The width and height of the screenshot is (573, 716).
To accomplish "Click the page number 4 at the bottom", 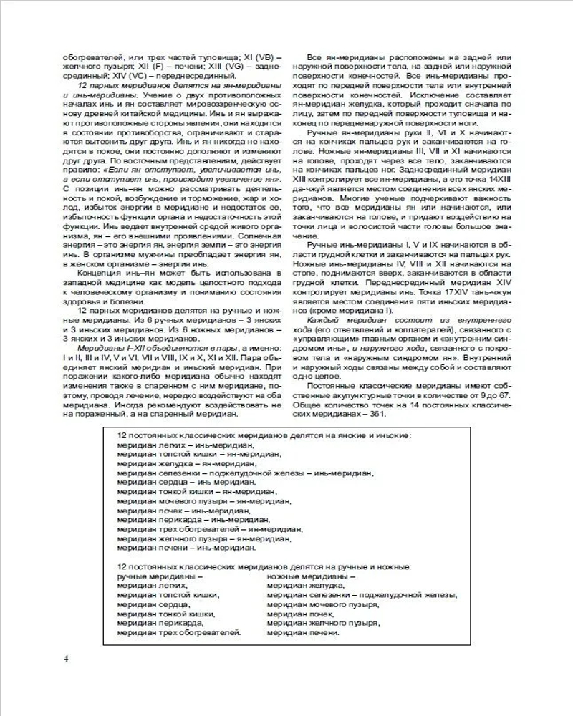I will [x=65, y=658].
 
